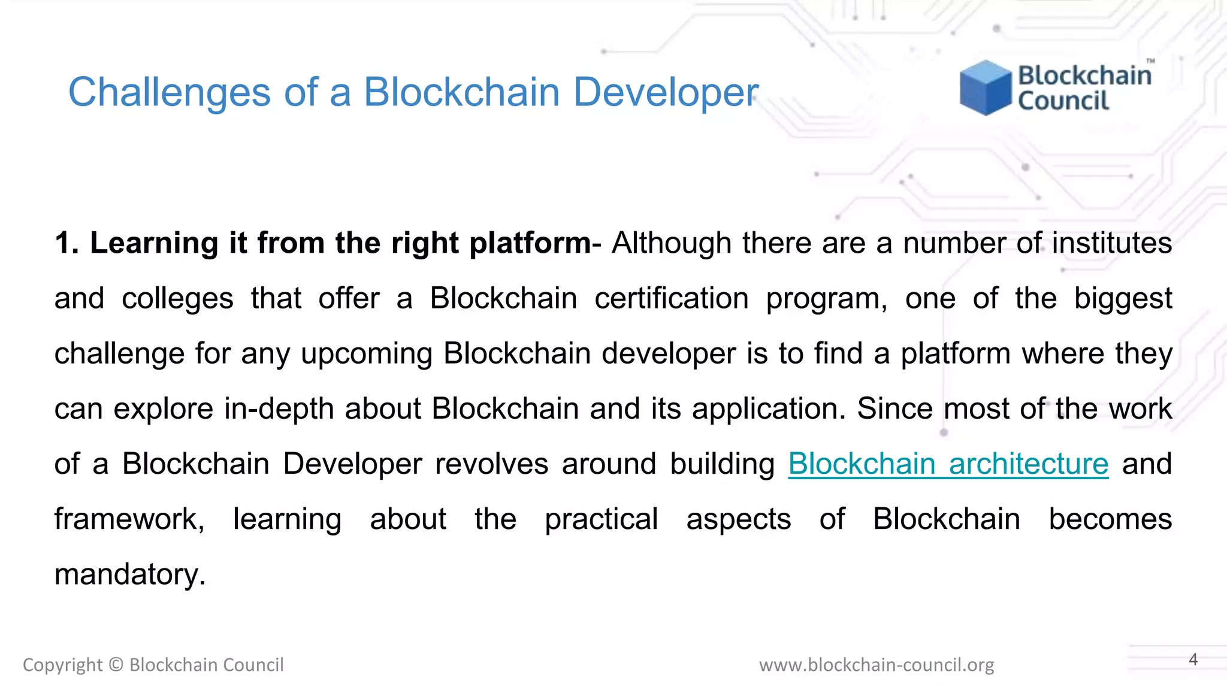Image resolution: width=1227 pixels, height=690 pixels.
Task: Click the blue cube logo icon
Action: click(x=986, y=87)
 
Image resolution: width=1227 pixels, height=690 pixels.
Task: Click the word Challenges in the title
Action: click(x=170, y=93)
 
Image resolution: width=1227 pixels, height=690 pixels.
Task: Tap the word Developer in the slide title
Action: click(x=666, y=93)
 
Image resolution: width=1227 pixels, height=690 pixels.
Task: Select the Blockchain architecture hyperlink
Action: click(x=948, y=464)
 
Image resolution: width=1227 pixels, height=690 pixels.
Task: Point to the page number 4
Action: click(x=1193, y=659)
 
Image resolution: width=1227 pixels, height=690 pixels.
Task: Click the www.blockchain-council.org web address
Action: click(x=877, y=665)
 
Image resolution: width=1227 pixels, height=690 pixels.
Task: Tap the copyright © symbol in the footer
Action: click(x=116, y=665)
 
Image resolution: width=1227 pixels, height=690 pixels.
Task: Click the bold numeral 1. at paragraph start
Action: click(x=67, y=243)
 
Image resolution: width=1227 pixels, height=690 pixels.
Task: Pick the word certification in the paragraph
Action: click(x=672, y=299)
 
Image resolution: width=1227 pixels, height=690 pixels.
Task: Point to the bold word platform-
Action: click(x=536, y=243)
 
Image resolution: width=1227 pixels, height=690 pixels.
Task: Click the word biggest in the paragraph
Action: click(x=1123, y=299)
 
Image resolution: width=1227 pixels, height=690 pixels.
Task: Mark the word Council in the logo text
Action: click(x=1063, y=101)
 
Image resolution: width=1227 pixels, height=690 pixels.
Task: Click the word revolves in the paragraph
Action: click(x=491, y=464)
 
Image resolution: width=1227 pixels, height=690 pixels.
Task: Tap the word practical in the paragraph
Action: click(x=601, y=519)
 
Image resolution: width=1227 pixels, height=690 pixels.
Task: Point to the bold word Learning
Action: click(x=153, y=243)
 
